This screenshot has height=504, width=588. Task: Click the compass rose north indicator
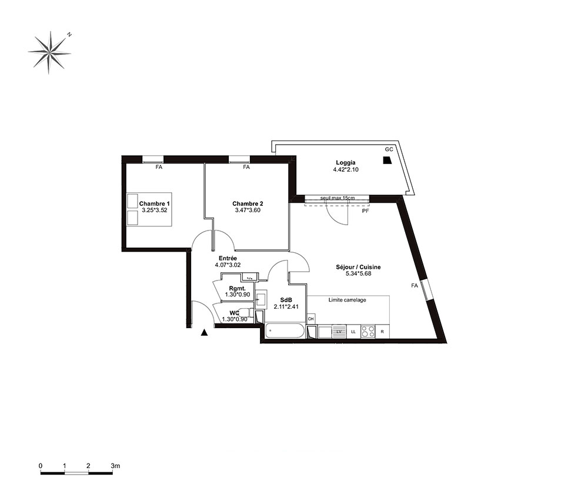pyautogui.click(x=69, y=35)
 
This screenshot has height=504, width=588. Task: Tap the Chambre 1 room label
pyautogui.click(x=155, y=203)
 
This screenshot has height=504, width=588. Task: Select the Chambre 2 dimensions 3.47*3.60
pyautogui.click(x=248, y=211)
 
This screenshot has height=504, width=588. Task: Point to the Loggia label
pyautogui.click(x=345, y=163)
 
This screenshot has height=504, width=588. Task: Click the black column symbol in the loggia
pyautogui.click(x=387, y=161)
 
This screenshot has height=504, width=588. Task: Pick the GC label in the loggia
pyautogui.click(x=389, y=149)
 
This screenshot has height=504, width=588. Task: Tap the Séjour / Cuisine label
pyautogui.click(x=358, y=267)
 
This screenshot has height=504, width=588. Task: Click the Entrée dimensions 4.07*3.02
pyautogui.click(x=228, y=265)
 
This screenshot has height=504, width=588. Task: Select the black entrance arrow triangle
pyautogui.click(x=204, y=332)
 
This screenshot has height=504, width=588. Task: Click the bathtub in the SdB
pyautogui.click(x=285, y=331)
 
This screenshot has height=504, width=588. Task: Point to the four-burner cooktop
pyautogui.click(x=368, y=332)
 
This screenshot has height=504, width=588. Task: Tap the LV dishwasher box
pyautogui.click(x=339, y=332)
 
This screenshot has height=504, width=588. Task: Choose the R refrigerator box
pyautogui.click(x=382, y=332)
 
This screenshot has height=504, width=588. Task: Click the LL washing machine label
pyautogui.click(x=353, y=332)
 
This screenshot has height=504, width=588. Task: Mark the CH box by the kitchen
pyautogui.click(x=311, y=319)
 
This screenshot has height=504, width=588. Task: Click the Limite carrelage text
pyautogui.click(x=348, y=300)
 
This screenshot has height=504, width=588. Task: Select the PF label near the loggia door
pyautogui.click(x=365, y=211)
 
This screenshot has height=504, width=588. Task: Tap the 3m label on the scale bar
pyautogui.click(x=115, y=466)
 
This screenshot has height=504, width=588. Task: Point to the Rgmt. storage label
pyautogui.click(x=238, y=288)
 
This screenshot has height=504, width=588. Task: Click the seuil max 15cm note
pyautogui.click(x=338, y=198)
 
